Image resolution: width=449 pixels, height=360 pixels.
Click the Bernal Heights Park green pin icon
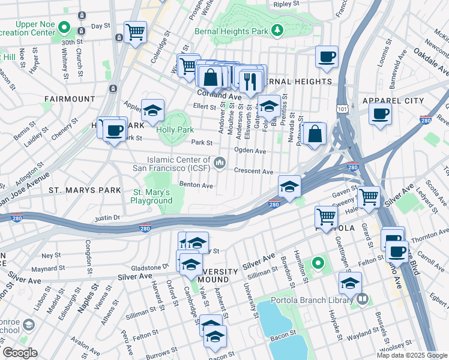tap(277, 30)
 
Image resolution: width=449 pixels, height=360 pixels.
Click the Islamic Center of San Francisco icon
tap(220, 163)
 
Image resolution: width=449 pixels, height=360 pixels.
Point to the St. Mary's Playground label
tap(152, 196)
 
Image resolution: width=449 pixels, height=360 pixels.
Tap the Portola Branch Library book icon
tap(362, 299)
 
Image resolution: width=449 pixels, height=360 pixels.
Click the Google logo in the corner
tap(19, 352)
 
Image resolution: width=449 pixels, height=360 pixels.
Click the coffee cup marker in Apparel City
tap(379, 113)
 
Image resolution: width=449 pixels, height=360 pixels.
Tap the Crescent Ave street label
tap(254, 172)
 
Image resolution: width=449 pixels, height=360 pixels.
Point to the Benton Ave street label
tap(196, 186)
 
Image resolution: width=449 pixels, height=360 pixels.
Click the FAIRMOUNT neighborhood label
tap(69, 98)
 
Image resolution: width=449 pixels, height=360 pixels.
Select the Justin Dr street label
tap(108, 218)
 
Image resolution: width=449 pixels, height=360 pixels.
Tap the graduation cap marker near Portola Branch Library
tap(350, 283)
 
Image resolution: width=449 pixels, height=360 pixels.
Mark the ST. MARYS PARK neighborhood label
tap(85, 190)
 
